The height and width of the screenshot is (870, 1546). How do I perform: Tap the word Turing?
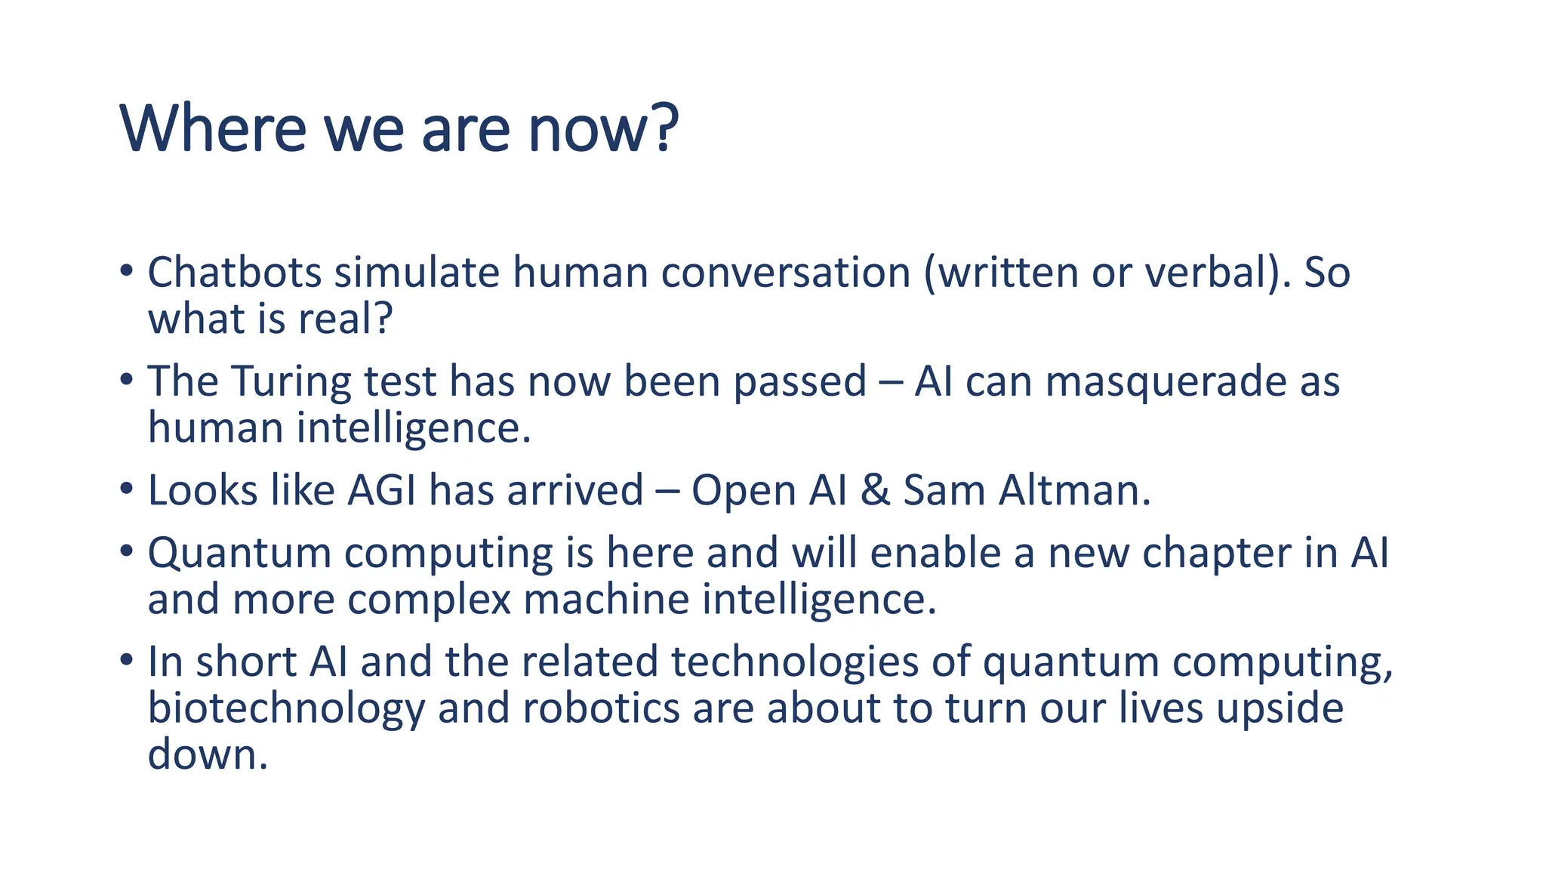tap(291, 381)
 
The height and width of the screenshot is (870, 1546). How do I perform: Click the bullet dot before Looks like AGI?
tap(126, 489)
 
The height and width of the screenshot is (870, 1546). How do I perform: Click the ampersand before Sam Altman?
tap(875, 490)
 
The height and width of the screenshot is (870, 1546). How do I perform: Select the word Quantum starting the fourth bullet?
tap(239, 554)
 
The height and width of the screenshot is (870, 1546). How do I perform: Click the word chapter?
tap(1216, 554)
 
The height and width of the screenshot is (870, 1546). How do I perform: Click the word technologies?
tap(794, 662)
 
